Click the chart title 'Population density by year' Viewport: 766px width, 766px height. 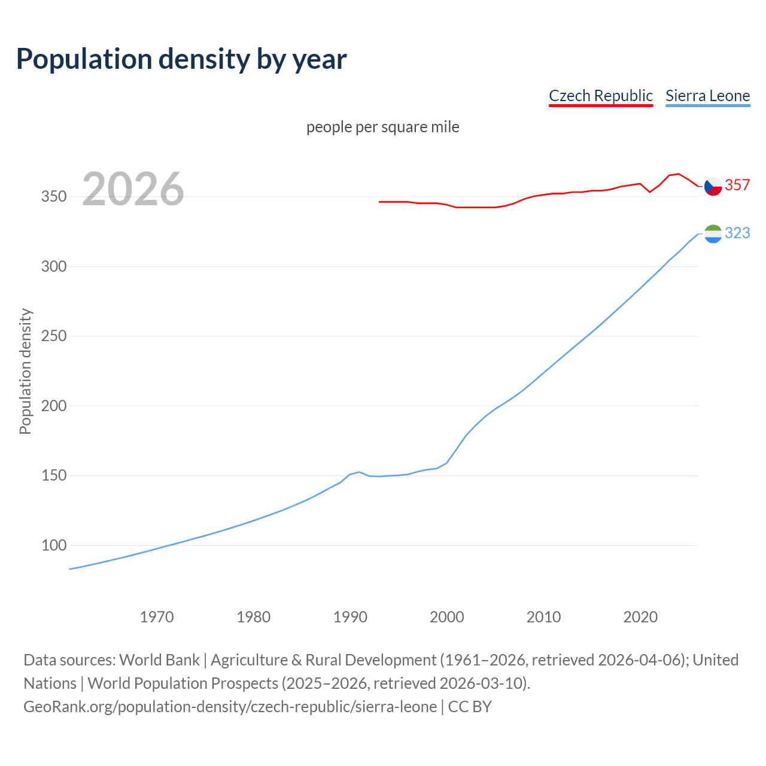[x=181, y=59]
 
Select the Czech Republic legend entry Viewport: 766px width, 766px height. [x=600, y=96]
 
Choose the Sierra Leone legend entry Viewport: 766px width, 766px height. [x=707, y=96]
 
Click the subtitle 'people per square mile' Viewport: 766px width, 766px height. [x=382, y=127]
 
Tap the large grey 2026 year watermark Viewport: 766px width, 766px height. [x=133, y=189]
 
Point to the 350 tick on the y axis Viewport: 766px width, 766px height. [x=53, y=196]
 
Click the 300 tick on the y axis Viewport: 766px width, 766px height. [x=53, y=266]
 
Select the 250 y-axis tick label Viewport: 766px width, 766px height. [x=53, y=336]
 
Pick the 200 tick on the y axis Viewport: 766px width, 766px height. [x=53, y=406]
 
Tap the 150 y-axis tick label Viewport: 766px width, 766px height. [x=53, y=476]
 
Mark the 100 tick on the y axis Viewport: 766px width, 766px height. [x=53, y=546]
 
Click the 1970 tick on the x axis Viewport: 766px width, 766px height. [x=157, y=617]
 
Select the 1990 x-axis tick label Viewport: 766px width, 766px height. [x=350, y=617]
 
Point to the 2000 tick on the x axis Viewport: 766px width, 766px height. [x=447, y=617]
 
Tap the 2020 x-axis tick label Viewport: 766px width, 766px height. [x=640, y=617]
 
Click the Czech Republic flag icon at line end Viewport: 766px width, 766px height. [x=713, y=187]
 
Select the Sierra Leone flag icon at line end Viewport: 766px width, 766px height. [x=713, y=234]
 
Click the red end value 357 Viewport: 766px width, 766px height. [x=737, y=186]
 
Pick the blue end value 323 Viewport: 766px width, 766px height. [x=737, y=233]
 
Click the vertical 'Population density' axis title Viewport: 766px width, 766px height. [x=25, y=371]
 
